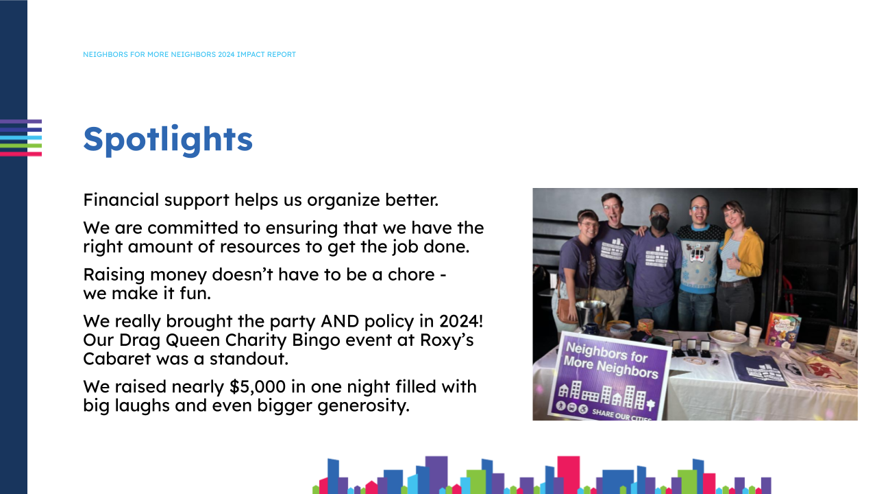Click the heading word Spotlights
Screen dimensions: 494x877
[x=168, y=139]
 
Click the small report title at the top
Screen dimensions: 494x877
[x=189, y=55]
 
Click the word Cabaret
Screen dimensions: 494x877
[x=116, y=358]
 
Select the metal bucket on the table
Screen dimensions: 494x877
[x=591, y=314]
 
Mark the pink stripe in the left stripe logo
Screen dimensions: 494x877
[x=21, y=154]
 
